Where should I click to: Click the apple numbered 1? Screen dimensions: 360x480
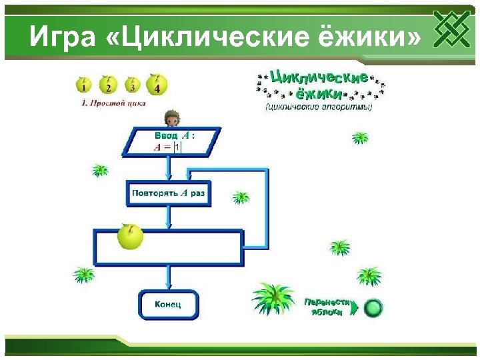pyautogui.click(x=83, y=85)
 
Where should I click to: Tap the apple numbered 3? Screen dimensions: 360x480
pyautogui.click(x=132, y=85)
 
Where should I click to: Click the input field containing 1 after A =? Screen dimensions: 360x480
pyautogui.click(x=177, y=147)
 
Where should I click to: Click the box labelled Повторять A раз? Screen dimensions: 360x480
pyautogui.click(x=169, y=193)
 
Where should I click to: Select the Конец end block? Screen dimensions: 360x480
pyautogui.click(x=168, y=305)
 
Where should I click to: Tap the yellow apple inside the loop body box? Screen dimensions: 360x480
pyautogui.click(x=130, y=237)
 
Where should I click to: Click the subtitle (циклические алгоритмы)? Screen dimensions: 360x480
pyautogui.click(x=319, y=107)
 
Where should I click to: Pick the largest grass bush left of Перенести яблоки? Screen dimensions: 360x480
pyautogui.click(x=273, y=298)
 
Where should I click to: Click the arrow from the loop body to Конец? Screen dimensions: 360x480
pyautogui.click(x=169, y=276)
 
